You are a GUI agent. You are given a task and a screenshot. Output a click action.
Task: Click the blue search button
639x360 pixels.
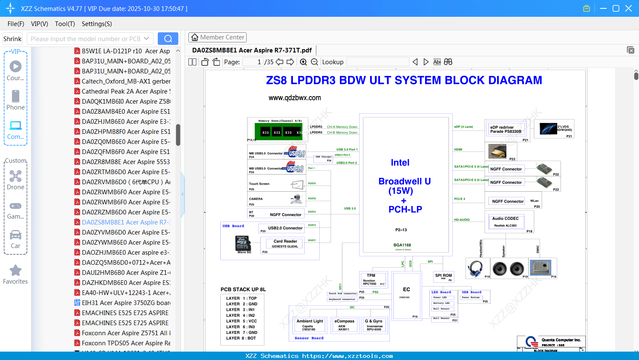(x=168, y=39)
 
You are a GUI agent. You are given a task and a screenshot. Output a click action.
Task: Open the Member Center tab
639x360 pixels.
(x=217, y=37)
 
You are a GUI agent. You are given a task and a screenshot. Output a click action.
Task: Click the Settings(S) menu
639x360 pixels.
(x=97, y=24)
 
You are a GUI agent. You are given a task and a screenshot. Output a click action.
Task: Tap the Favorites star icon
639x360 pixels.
(x=16, y=271)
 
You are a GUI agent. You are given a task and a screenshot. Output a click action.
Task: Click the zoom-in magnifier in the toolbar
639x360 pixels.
(x=303, y=62)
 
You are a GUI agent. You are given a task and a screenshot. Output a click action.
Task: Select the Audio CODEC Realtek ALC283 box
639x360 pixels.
(x=506, y=222)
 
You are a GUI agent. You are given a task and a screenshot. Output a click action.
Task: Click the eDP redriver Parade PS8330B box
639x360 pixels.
(x=506, y=130)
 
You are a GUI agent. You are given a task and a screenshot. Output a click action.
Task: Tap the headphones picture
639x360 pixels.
(x=475, y=269)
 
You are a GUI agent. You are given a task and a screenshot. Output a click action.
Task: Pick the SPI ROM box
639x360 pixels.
(x=443, y=277)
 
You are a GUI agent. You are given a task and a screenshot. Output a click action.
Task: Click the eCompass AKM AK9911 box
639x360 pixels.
(x=344, y=325)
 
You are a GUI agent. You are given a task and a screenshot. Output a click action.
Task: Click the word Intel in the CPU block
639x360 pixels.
(x=400, y=163)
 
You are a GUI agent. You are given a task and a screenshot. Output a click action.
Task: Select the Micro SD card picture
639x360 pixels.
(x=243, y=243)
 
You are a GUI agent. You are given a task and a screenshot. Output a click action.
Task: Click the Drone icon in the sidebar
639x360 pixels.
(x=16, y=176)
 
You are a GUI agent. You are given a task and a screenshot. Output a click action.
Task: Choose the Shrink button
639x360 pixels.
(x=13, y=39)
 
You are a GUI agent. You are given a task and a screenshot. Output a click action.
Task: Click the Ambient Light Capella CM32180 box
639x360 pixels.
(x=310, y=325)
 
